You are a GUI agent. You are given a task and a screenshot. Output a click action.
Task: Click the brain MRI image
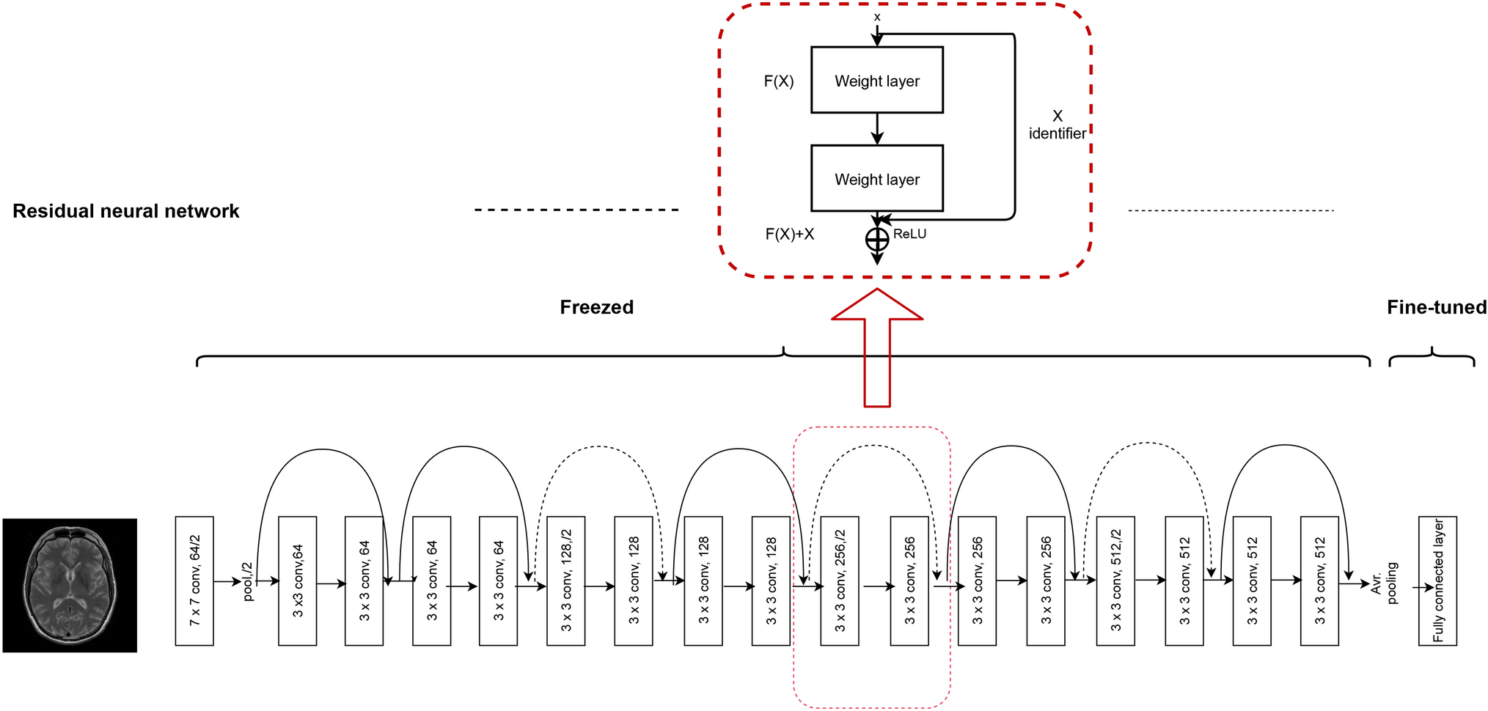[70, 585]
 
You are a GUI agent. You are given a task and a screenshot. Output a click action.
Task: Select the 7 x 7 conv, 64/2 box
[194, 581]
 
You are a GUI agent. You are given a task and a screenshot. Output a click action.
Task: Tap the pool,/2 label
[248, 581]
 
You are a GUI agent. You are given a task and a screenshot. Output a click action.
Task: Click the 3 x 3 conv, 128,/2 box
[565, 581]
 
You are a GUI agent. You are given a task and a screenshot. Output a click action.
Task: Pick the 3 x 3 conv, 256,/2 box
[839, 581]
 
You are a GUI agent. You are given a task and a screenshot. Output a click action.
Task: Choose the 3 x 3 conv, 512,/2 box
[1115, 581]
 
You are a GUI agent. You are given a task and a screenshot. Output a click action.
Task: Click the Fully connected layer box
[1437, 581]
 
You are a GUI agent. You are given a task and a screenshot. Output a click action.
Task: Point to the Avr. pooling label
[1384, 583]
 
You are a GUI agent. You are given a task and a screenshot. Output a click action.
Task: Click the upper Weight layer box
[876, 81]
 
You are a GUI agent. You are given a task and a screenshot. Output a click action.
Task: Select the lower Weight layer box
[876, 179]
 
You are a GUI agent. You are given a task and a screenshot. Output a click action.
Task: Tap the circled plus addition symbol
[877, 240]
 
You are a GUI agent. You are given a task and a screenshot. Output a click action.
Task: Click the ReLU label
[909, 234]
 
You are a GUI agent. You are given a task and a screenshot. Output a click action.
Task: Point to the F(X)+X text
[789, 234]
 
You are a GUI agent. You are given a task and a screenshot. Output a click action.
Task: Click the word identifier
[1057, 133]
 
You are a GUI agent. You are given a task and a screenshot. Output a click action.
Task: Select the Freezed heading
[596, 307]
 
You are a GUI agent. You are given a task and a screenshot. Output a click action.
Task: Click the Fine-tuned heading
[1436, 307]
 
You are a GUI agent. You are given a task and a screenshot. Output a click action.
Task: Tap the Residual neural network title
[126, 211]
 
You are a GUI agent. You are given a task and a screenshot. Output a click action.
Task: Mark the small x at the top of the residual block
[877, 17]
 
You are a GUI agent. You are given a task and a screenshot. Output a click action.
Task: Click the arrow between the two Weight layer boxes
[877, 129]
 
